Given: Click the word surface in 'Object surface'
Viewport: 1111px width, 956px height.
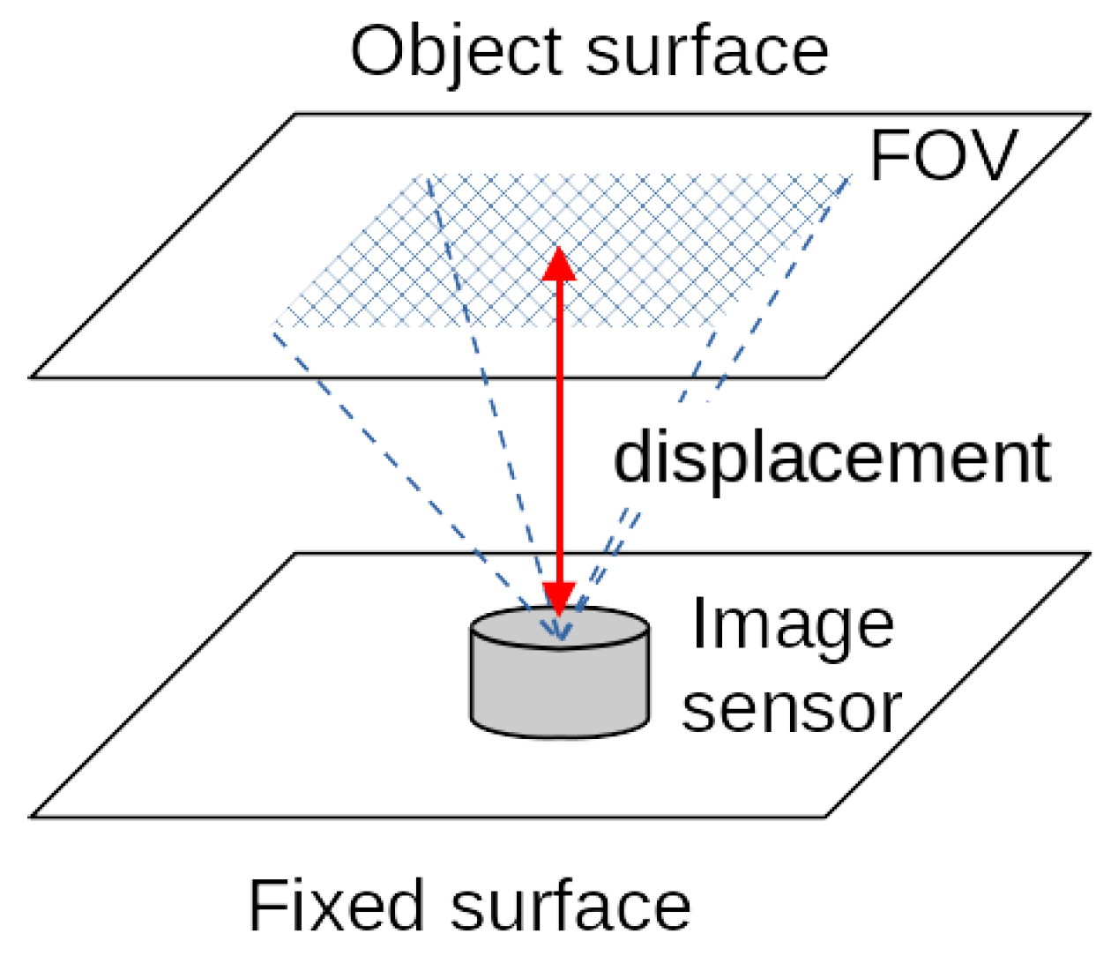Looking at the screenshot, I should (706, 51).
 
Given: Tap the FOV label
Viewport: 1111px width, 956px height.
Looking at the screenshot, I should (943, 156).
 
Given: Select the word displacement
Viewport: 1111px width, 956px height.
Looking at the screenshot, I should (831, 458).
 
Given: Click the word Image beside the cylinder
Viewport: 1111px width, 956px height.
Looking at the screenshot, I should (792, 624).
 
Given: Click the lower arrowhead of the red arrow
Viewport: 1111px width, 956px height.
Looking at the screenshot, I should (559, 597).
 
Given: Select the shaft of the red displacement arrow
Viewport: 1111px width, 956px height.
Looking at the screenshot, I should (559, 432).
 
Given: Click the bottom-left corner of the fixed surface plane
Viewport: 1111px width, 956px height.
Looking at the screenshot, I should (33, 817).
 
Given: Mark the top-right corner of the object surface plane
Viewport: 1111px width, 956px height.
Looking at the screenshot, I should (1090, 115).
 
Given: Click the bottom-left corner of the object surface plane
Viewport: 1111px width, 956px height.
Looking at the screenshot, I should (33, 377).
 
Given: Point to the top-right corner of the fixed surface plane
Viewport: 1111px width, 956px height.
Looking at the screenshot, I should (1090, 555).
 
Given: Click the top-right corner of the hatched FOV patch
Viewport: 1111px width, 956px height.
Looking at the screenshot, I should (852, 177).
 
